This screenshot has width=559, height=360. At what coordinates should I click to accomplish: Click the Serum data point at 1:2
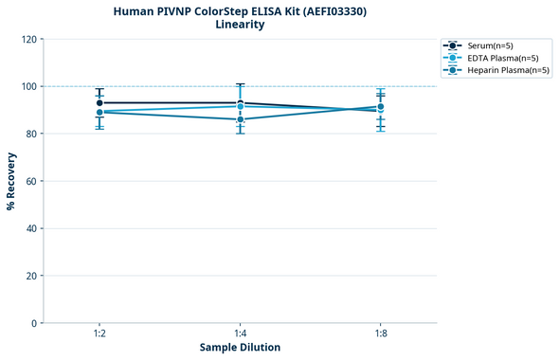click(x=99, y=102)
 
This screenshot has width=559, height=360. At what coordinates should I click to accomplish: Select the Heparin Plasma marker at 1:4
click(x=241, y=119)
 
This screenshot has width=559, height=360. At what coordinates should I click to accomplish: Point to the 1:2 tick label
click(x=99, y=334)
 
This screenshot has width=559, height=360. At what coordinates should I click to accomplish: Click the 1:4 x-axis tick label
click(x=241, y=334)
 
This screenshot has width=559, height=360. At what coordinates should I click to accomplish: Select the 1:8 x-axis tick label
click(x=381, y=334)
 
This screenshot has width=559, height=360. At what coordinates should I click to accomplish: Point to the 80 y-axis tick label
click(x=31, y=134)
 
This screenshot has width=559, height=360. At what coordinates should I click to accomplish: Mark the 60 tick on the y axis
click(x=31, y=181)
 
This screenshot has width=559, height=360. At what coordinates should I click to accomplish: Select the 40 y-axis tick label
click(x=31, y=228)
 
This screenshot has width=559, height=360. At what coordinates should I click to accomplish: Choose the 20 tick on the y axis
click(x=31, y=276)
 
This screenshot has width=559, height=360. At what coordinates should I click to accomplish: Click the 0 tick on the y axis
click(x=34, y=323)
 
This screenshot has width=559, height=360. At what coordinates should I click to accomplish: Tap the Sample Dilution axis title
click(x=240, y=348)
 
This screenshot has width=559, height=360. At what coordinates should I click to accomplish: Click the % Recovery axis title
click(x=11, y=181)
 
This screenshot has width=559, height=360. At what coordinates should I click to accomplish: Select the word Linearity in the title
click(x=240, y=25)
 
